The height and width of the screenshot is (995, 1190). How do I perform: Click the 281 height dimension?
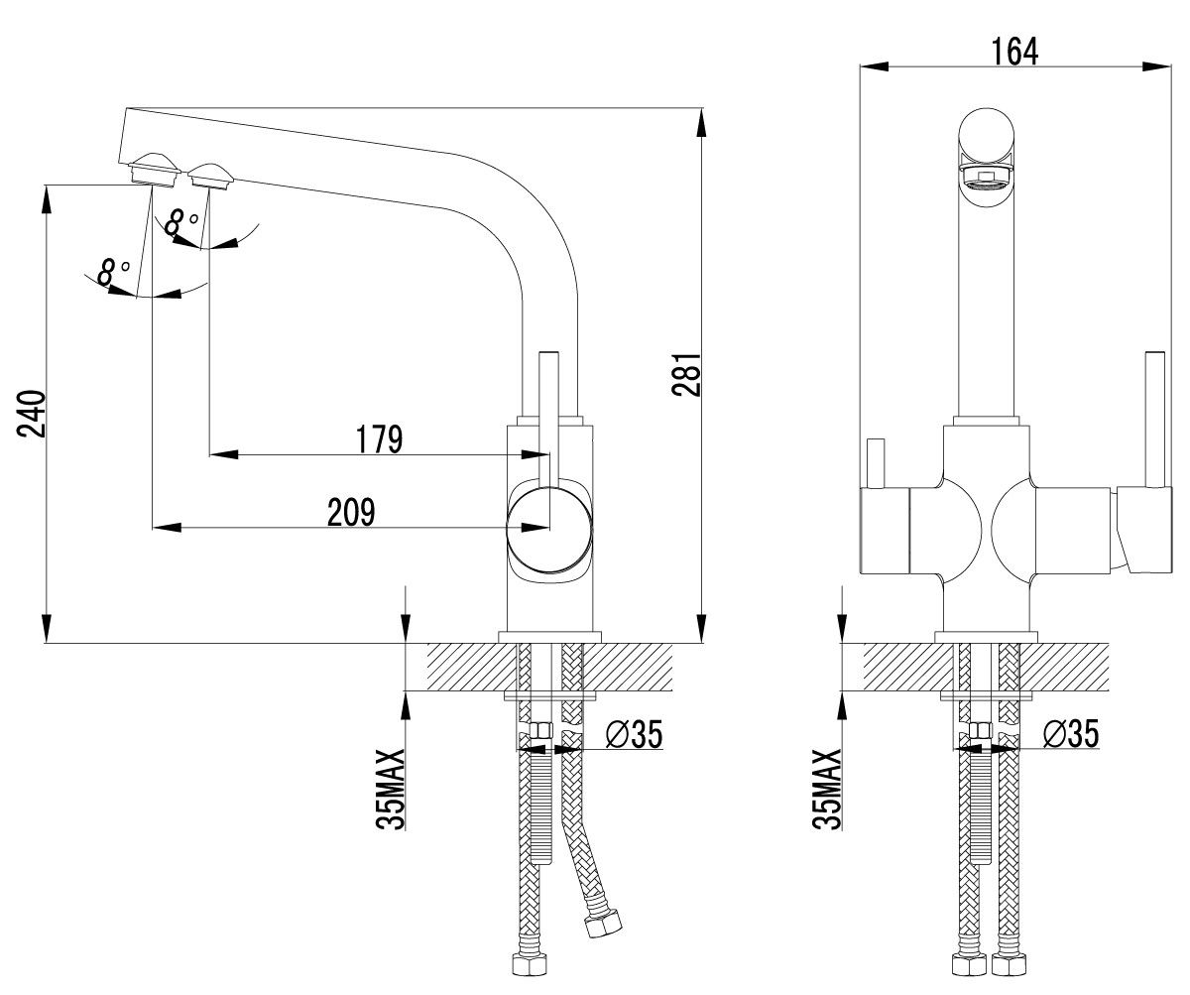click(x=687, y=375)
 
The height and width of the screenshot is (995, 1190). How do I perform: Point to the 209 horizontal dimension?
click(x=352, y=512)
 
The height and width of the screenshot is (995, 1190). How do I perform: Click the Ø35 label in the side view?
click(x=632, y=735)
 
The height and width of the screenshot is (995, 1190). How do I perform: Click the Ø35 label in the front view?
click(x=1070, y=735)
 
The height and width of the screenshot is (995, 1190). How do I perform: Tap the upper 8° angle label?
click(x=180, y=221)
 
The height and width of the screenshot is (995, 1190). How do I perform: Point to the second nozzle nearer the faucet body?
click(x=210, y=177)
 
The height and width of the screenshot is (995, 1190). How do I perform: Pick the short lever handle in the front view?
click(x=875, y=464)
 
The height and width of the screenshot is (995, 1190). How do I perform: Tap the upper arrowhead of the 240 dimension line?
click(x=46, y=198)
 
